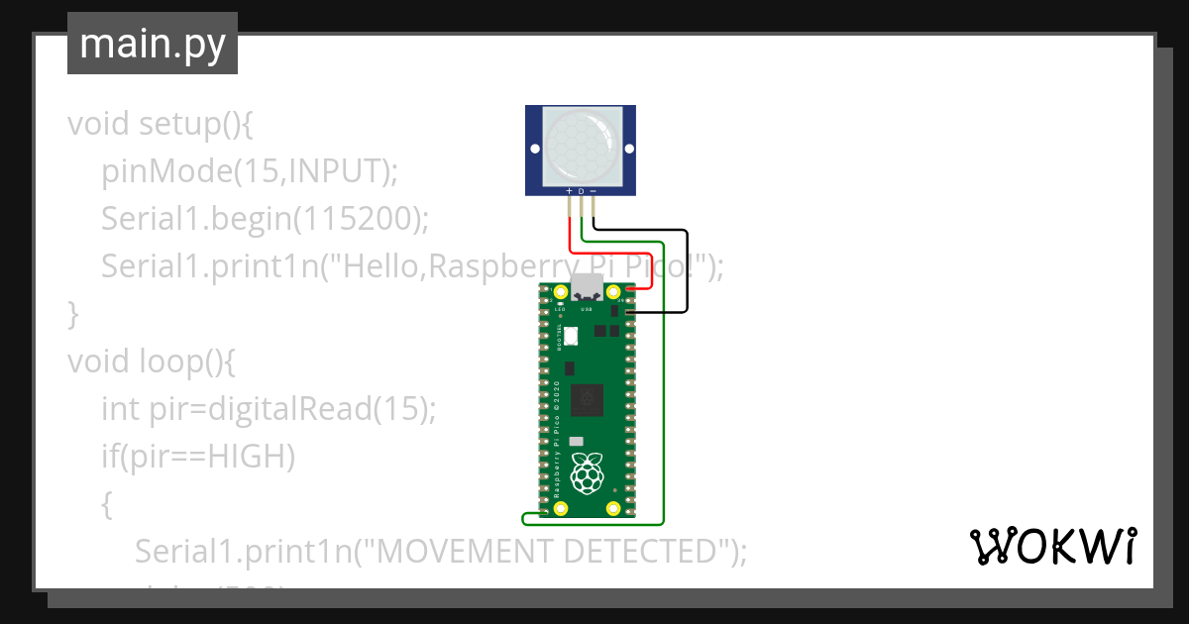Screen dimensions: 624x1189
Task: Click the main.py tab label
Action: (152, 45)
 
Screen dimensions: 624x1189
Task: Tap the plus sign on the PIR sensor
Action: (569, 190)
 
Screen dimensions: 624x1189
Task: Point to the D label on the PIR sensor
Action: (581, 190)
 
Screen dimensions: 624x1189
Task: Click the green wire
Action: (663, 396)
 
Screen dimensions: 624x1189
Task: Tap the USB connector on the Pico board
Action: (587, 287)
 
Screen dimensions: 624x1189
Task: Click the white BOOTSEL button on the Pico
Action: (571, 337)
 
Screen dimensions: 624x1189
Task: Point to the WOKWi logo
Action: (1051, 546)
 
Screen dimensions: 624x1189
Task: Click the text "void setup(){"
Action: (162, 125)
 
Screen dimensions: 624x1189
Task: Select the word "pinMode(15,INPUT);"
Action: (249, 171)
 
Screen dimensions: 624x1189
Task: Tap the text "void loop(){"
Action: (151, 361)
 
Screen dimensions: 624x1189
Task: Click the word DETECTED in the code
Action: (640, 551)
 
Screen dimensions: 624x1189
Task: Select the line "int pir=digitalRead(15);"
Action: (268, 408)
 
